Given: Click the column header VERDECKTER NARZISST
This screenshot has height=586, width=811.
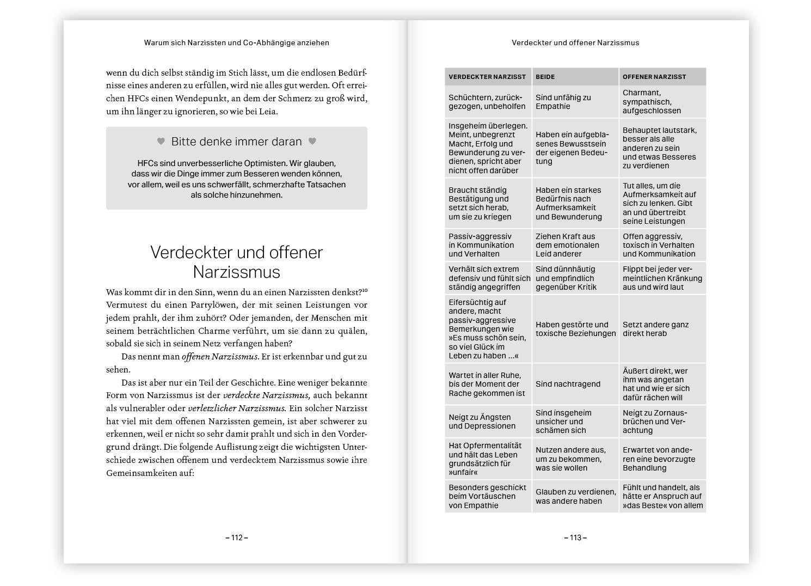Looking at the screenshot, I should point(487,77).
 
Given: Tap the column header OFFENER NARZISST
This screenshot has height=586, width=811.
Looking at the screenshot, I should point(654,77).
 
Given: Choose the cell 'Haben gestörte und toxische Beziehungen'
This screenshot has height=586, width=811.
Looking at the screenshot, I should point(575,329).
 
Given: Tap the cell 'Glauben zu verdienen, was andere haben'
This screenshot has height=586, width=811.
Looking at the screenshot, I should point(575,497).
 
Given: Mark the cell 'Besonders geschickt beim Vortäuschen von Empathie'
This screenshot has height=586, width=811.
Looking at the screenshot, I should point(487,497).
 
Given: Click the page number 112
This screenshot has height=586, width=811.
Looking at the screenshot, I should point(237,538).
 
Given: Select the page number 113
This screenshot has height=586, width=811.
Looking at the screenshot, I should point(575,538).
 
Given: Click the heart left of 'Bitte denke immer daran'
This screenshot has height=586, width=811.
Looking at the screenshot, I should point(161,141).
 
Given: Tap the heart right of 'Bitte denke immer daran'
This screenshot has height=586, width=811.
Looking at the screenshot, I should point(312,141).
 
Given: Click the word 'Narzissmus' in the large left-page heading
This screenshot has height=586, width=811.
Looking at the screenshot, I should point(236,272).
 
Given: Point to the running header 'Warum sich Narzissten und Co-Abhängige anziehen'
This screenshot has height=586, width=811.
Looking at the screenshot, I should point(236,42).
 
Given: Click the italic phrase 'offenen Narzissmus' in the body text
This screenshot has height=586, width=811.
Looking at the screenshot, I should point(219,357).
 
